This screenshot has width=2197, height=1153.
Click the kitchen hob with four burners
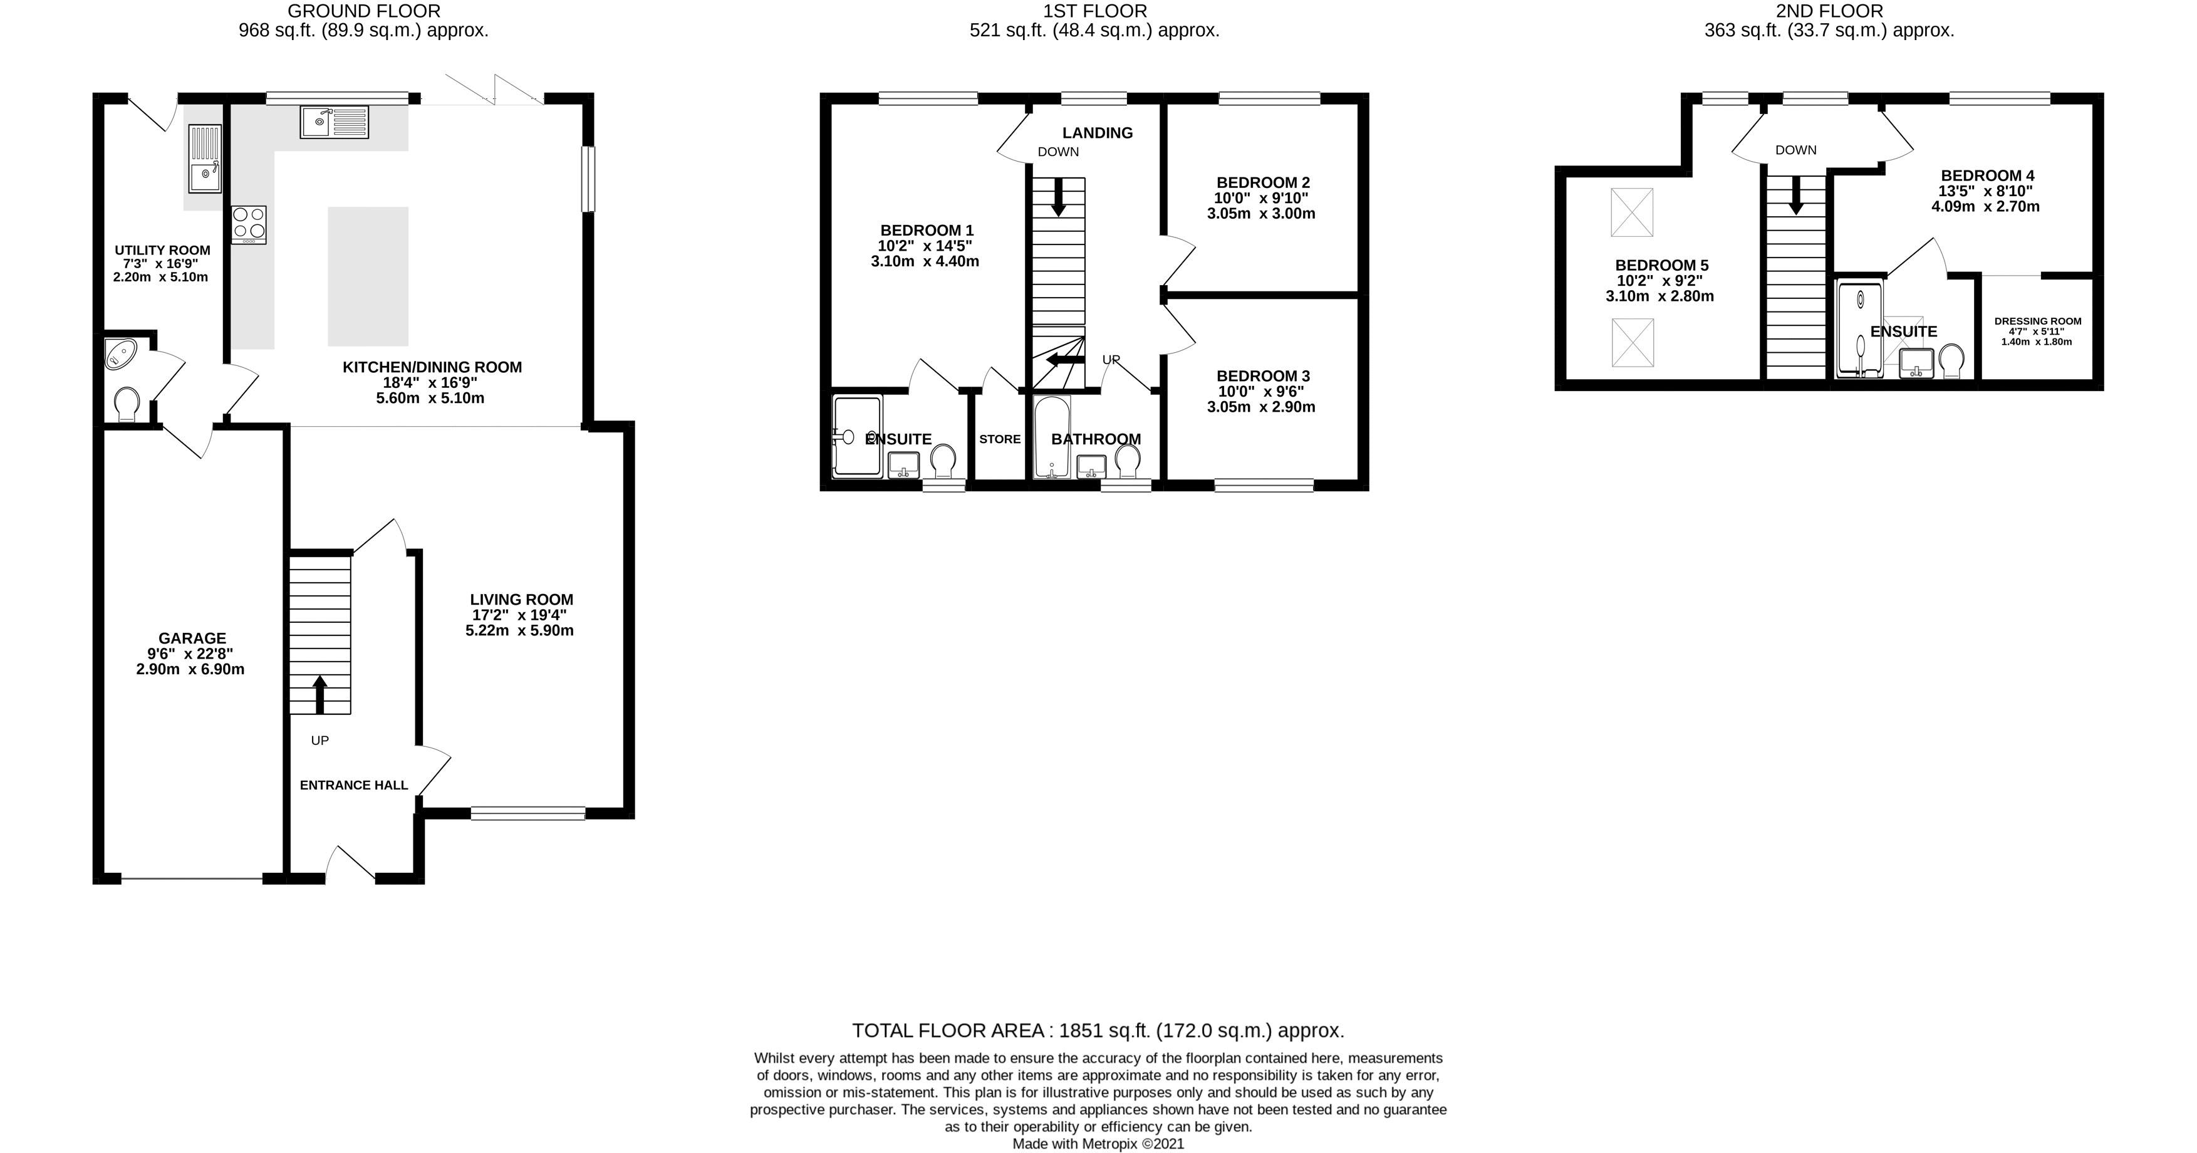248,225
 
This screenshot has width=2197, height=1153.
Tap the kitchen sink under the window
333,122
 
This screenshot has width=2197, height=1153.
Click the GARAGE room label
192,638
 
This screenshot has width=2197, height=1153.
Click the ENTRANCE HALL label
354,785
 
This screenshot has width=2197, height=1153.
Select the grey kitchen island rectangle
368,276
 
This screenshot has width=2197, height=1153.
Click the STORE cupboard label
1000,439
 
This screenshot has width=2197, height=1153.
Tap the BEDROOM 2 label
1262,182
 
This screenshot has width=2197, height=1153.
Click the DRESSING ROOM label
2037,321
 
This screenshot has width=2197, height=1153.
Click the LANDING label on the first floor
1097,133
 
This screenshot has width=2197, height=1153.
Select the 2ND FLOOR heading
1829,11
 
